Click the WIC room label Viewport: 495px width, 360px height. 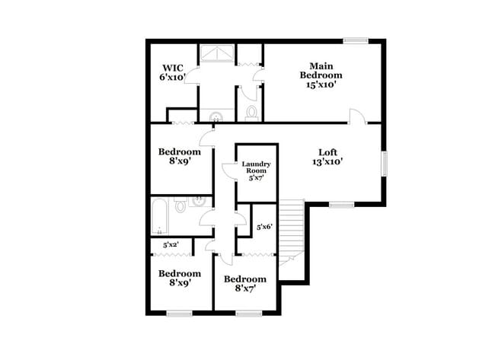coord(172,72)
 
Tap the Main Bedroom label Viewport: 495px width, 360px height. coord(320,75)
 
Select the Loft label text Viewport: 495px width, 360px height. coord(327,155)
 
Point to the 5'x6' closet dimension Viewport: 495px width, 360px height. coord(264,226)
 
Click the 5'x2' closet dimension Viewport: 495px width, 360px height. coord(171,244)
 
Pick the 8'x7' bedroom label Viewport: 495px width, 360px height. coord(244,283)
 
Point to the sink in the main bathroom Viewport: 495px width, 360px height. coord(217,116)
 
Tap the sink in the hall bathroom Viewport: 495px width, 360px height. coord(197,202)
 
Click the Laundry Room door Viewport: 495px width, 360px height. coord(228,170)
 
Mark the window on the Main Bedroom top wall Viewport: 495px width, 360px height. coord(356,40)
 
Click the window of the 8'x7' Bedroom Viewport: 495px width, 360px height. coord(248,313)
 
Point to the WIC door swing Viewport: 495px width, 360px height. coord(191,74)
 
